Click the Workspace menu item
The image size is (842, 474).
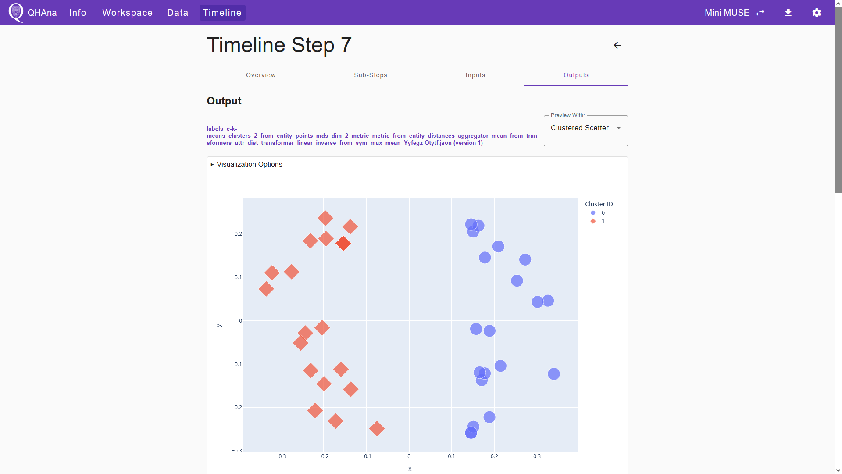pyautogui.click(x=127, y=13)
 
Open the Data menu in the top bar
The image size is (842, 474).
pyautogui.click(x=178, y=13)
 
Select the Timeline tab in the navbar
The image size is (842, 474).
pyautogui.click(x=222, y=13)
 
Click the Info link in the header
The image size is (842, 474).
pyautogui.click(x=78, y=13)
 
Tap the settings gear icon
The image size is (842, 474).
pyautogui.click(x=817, y=13)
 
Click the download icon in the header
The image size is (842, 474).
pyautogui.click(x=788, y=13)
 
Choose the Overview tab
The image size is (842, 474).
pyautogui.click(x=261, y=75)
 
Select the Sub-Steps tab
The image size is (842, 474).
pyautogui.click(x=371, y=75)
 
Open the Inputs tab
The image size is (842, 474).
pyautogui.click(x=475, y=75)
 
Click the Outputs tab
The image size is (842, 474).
pyautogui.click(x=576, y=75)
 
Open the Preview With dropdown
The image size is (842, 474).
pyautogui.click(x=585, y=128)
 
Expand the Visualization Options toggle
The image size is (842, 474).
pyautogui.click(x=246, y=164)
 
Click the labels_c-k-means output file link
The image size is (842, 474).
pyautogui.click(x=372, y=136)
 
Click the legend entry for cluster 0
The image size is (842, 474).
pyautogui.click(x=598, y=213)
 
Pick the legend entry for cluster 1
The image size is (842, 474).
pyautogui.click(x=598, y=221)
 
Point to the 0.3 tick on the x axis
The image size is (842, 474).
pyautogui.click(x=537, y=456)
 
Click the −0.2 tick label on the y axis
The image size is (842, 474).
pyautogui.click(x=237, y=407)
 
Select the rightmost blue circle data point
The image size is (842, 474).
pyautogui.click(x=554, y=374)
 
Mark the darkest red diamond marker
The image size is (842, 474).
pyautogui.click(x=343, y=243)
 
